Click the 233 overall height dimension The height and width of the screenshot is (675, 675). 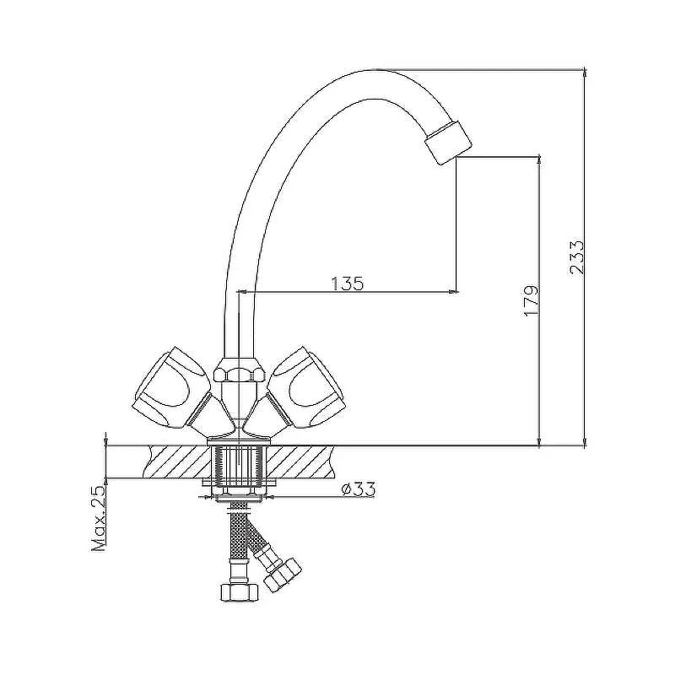pos(576,257)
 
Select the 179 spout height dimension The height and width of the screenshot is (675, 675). pos(531,300)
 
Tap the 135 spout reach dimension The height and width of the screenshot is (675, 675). pos(347,283)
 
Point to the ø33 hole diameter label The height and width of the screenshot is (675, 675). pos(358,489)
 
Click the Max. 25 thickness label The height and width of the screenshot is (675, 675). pos(99,519)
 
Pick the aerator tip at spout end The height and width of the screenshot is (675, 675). pos(448,143)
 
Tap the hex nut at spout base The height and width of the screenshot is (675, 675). pos(238,370)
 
